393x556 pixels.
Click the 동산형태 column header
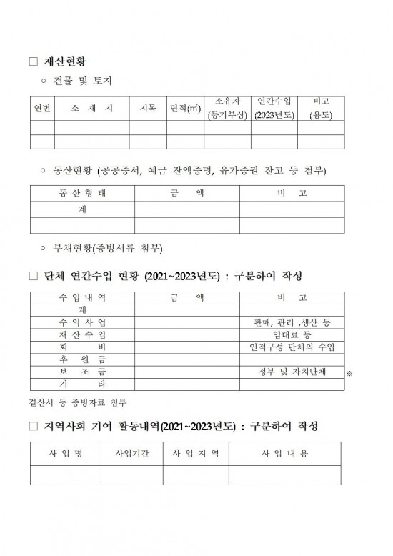(82, 194)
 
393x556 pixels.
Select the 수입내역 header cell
(82, 297)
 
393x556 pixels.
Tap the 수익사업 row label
(82, 322)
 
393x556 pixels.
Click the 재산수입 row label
(82, 334)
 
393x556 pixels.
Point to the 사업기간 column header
(132, 455)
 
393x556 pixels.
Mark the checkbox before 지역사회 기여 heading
(32, 427)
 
